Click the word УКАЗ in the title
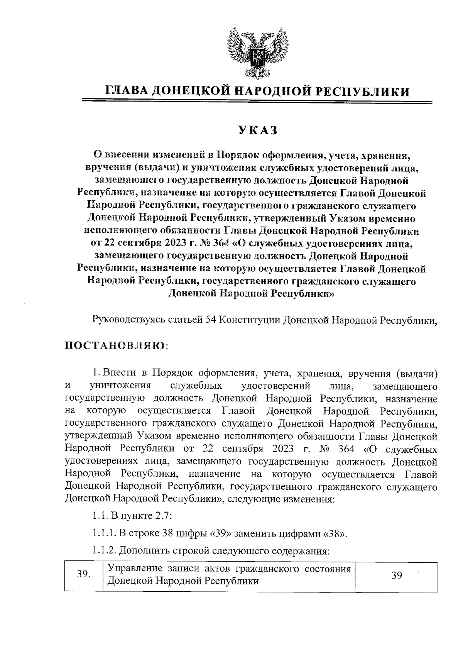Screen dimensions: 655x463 [257, 130]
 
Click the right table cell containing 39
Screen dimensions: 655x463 [397, 575]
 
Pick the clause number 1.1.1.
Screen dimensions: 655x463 [104, 534]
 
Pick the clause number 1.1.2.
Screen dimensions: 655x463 [104, 551]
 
